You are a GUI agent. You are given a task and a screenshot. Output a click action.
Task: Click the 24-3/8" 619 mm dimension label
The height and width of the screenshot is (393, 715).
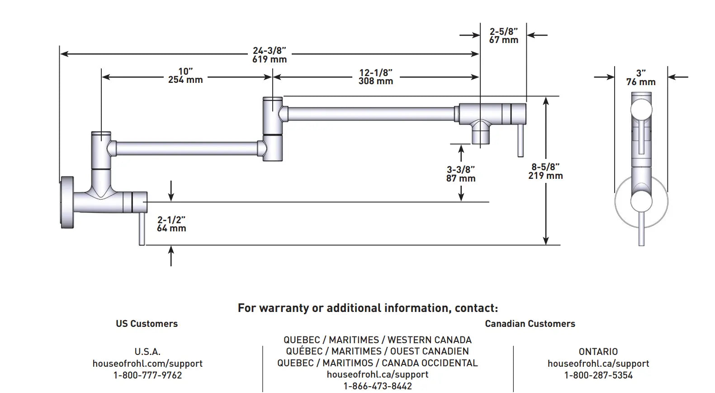(x=270, y=55)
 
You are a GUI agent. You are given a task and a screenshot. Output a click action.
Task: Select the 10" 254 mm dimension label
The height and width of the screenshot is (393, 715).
(x=185, y=76)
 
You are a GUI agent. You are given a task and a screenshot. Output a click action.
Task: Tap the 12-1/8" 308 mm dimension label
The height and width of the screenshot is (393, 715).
(x=376, y=77)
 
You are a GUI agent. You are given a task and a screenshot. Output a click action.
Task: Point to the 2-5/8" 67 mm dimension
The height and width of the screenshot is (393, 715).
(x=503, y=35)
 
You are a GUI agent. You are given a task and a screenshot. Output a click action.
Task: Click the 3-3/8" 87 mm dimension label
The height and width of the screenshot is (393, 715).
(x=461, y=174)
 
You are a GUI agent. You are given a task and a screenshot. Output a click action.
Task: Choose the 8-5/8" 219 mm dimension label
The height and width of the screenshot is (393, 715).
(x=545, y=172)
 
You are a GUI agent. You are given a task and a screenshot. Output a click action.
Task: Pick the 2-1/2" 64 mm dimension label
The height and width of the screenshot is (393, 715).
(x=171, y=224)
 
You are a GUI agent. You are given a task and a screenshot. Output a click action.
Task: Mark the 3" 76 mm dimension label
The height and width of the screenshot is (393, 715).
(x=641, y=77)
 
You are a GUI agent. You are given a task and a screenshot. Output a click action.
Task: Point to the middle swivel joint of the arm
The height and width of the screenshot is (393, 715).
(x=273, y=129)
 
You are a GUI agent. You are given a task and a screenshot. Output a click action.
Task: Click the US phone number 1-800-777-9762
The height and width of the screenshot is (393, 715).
(x=147, y=375)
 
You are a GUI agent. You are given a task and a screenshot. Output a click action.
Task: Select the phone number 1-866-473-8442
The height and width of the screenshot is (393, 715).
(x=378, y=386)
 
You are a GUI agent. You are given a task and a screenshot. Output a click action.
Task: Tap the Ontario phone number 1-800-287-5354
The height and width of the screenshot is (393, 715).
(x=598, y=375)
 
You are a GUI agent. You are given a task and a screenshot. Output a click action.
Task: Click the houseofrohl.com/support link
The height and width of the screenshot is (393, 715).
(x=147, y=364)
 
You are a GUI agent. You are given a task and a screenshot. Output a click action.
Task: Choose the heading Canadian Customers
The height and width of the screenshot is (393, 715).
(x=530, y=324)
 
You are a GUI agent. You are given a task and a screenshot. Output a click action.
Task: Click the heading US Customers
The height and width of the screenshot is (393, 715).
(x=147, y=324)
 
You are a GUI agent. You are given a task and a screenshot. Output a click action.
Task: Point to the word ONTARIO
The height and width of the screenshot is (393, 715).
(x=598, y=352)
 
